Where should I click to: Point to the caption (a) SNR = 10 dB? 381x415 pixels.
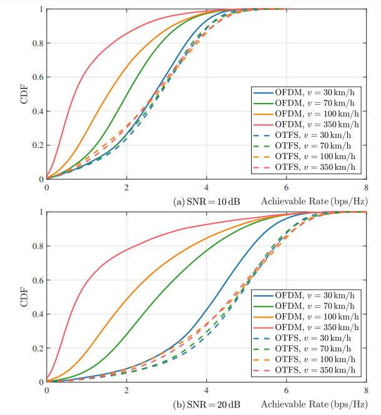206,202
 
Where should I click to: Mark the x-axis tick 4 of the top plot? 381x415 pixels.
207,187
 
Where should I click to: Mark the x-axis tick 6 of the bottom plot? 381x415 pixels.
287,390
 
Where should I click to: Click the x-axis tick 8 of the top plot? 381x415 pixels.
366,187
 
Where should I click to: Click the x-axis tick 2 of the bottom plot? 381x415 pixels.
127,390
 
